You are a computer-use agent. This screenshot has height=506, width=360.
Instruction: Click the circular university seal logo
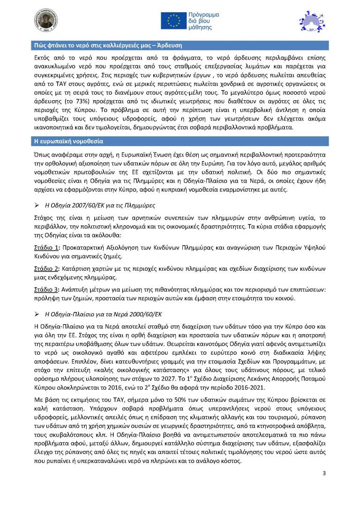(46, 20)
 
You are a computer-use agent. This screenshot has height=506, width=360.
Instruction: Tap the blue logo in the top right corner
(310, 21)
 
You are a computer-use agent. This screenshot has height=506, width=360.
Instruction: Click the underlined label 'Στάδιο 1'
(47, 247)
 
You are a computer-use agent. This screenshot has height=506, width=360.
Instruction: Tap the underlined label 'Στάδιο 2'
(47, 268)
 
